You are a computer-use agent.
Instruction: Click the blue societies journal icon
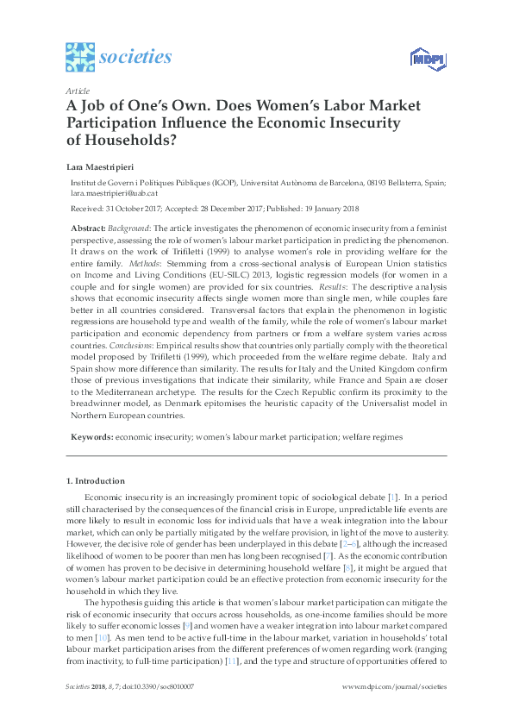click(x=80, y=58)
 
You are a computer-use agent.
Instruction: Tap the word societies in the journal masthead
click(x=135, y=58)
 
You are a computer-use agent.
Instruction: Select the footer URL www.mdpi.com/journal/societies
click(x=395, y=710)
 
